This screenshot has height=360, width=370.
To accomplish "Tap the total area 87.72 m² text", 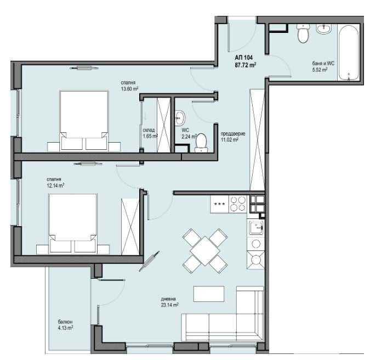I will pyautogui.click(x=246, y=65).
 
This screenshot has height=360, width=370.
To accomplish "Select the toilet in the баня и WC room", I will pyautogui.click(x=303, y=33).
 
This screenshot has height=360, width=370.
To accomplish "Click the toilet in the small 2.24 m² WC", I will pyautogui.click(x=201, y=142).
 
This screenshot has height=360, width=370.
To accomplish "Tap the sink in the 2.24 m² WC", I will pyautogui.click(x=180, y=117).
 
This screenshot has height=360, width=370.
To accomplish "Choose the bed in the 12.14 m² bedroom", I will pyautogui.click(x=72, y=223).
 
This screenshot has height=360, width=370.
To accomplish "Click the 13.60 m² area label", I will pyautogui.click(x=129, y=89).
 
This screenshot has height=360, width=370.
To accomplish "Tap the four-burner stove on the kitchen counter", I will pyautogui.click(x=237, y=204).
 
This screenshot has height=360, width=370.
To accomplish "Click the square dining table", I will pyautogui.click(x=204, y=250).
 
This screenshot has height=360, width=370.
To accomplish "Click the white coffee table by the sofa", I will pyautogui.click(x=209, y=294).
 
